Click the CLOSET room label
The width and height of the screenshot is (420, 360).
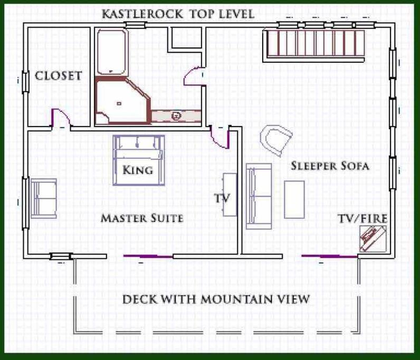tap(58, 76)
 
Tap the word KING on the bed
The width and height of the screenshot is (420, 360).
tap(138, 170)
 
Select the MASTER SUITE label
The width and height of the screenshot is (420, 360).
tap(142, 218)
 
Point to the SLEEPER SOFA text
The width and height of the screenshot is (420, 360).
tap(330, 166)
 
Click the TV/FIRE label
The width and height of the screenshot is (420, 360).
tap(363, 219)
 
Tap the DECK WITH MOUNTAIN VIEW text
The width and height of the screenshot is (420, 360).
tap(216, 299)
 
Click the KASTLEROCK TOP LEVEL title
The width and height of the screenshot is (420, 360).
tap(178, 14)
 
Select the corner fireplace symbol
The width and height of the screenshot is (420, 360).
tap(373, 239)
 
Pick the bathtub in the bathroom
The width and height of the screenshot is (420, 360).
tap(111, 52)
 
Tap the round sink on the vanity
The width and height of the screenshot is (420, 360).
tap(176, 116)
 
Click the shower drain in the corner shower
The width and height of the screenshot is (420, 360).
tap(119, 104)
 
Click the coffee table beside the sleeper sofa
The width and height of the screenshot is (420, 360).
tap(294, 200)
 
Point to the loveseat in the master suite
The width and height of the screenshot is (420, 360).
tap(44, 198)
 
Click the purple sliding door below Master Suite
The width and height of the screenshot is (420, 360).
tap(148, 256)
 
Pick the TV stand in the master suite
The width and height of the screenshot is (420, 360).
tap(230, 194)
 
